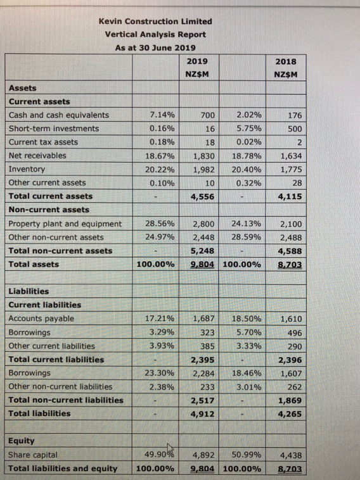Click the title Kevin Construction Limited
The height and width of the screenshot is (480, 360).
pos(155,21)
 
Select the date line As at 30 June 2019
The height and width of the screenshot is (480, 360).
pos(155,47)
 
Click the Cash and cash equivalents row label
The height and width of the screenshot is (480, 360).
pos(58,115)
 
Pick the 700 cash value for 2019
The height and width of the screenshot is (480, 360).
pos(207,115)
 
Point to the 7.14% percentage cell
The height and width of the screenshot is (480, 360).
pos(161,115)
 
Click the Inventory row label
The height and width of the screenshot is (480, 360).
pos(27,169)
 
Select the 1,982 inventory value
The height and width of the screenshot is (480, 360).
pos(203,169)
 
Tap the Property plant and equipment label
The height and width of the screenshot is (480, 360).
pos(65,224)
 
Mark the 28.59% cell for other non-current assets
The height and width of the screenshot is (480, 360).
pos(246,237)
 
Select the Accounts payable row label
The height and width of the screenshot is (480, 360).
pos(41,319)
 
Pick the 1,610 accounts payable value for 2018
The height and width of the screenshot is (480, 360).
pos(290,319)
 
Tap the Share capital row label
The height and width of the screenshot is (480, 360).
pos(33,455)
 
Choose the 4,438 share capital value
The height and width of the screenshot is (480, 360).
pos(290,455)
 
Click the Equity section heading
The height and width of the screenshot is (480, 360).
pos(22,441)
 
